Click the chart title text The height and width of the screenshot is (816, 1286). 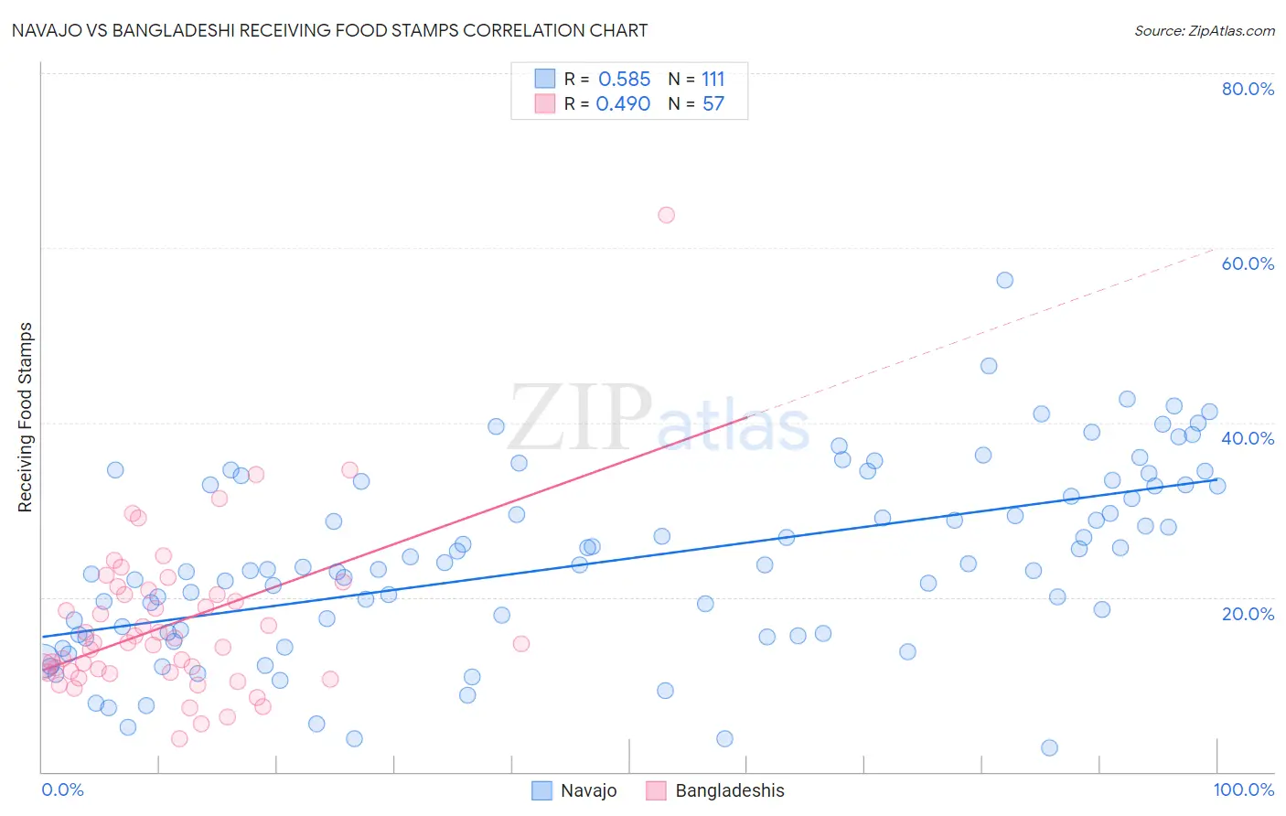[329, 30]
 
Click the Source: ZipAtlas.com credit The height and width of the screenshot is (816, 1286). [1204, 30]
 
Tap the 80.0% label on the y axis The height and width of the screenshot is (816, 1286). [1248, 89]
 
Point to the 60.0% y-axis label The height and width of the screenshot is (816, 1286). [1248, 263]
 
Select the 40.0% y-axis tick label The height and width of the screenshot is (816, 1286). [1248, 438]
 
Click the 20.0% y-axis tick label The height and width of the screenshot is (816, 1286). [1248, 613]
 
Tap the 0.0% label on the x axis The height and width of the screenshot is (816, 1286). [62, 789]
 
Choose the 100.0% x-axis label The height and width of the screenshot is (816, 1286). [1243, 789]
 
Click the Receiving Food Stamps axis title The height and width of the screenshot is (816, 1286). [26, 417]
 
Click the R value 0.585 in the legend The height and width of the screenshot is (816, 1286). [624, 80]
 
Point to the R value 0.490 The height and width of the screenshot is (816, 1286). [623, 104]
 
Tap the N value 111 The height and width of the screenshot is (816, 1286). [713, 80]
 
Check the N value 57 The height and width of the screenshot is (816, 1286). [713, 104]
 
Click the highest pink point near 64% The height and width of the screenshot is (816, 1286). [666, 215]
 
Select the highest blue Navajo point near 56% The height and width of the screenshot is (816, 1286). [1004, 280]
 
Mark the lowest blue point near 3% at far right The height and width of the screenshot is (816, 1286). [1049, 747]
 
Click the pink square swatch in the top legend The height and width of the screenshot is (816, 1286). [545, 103]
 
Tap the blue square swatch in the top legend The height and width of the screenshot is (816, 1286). [545, 79]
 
